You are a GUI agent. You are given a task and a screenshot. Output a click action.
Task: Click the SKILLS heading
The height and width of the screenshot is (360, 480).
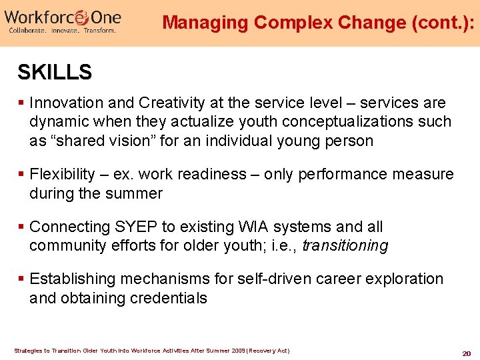point(55,72)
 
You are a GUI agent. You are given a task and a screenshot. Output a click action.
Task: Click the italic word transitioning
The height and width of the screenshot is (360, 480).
point(345,246)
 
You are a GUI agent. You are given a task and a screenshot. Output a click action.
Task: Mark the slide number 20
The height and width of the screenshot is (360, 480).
point(466,353)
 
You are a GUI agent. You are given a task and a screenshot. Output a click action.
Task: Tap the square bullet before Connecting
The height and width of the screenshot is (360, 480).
point(22,227)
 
